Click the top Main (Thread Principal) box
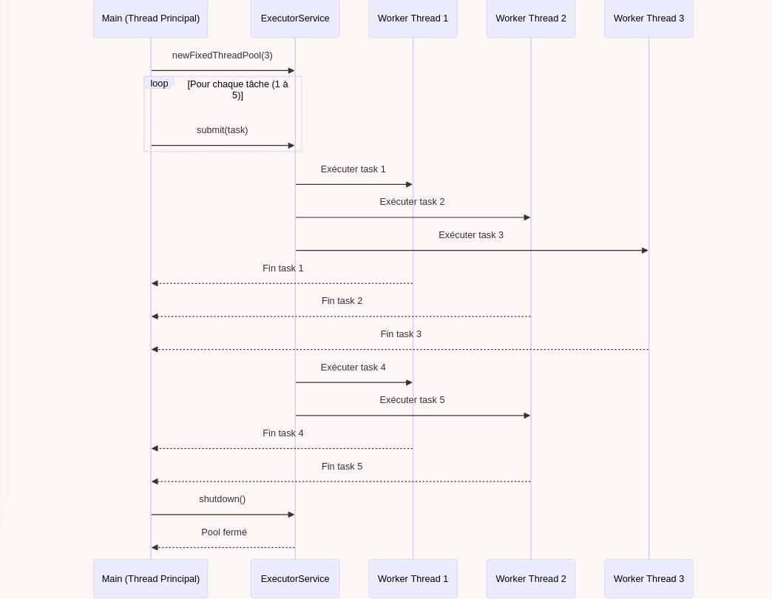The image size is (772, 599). (151, 18)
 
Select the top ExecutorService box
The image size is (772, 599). (295, 18)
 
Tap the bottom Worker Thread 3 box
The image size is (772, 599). (649, 578)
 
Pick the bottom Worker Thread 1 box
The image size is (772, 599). (413, 578)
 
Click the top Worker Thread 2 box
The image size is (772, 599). (531, 18)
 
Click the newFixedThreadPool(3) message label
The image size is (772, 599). (222, 55)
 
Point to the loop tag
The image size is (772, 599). (159, 83)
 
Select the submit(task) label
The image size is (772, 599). (222, 130)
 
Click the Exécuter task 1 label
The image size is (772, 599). (353, 169)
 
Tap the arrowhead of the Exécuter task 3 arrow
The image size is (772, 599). (646, 251)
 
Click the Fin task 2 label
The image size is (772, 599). (342, 301)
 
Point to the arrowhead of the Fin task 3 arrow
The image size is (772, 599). (155, 350)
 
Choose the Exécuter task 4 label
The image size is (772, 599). (353, 368)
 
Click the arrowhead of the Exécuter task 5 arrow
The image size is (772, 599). (527, 416)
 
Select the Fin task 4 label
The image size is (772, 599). (283, 433)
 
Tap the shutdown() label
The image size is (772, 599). (222, 499)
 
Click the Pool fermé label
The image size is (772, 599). (224, 532)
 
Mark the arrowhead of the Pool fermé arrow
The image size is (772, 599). (155, 547)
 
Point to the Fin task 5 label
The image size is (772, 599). (342, 466)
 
